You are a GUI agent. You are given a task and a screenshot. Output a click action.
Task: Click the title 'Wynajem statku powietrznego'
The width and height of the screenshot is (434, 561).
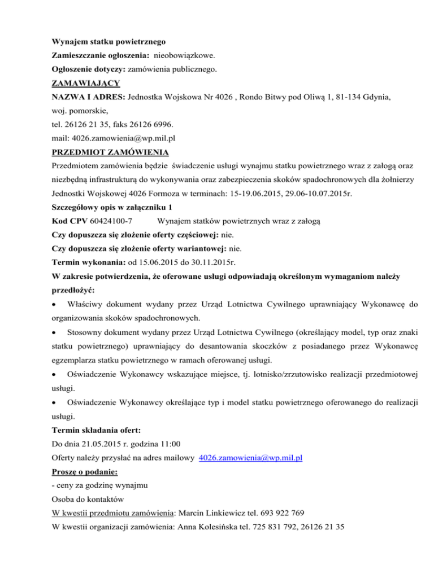tap(108, 41)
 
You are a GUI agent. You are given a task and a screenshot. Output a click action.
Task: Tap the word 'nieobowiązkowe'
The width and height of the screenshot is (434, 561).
tap(183, 56)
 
